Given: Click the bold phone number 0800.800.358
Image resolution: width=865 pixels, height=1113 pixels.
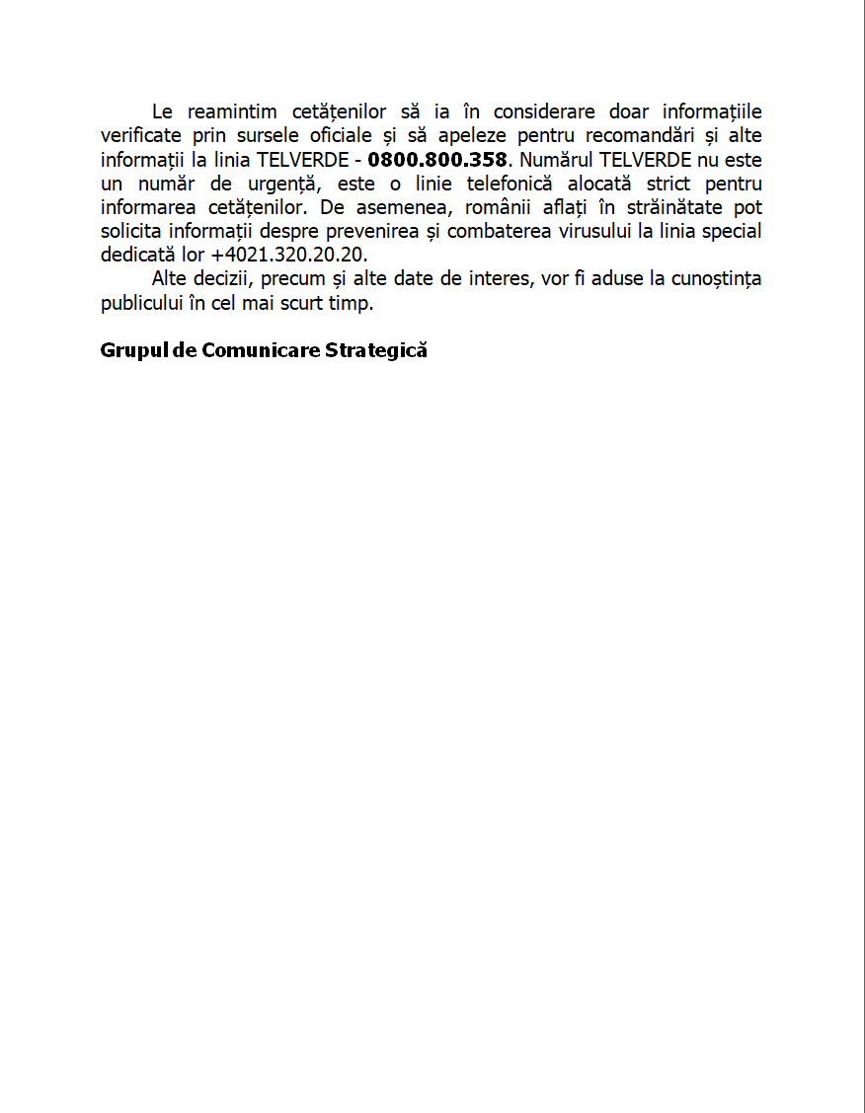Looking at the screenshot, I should (x=436, y=160).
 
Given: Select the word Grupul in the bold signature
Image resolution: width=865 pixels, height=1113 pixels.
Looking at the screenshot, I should (x=133, y=350).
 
